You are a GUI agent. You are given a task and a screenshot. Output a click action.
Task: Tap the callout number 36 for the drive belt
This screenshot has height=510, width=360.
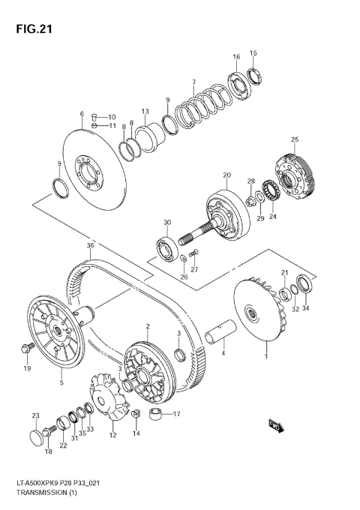90,245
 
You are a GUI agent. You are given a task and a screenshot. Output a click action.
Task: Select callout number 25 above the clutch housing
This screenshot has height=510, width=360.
295,139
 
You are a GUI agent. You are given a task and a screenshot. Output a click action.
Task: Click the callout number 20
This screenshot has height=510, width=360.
225,175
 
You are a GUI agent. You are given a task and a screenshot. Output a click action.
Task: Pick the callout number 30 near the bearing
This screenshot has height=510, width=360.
167,222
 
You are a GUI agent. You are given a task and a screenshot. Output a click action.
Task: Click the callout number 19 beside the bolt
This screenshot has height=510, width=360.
26,368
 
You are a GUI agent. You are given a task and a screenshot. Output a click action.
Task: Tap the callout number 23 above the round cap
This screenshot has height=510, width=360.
34,415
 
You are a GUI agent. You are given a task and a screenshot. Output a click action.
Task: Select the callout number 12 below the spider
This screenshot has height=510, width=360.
113,435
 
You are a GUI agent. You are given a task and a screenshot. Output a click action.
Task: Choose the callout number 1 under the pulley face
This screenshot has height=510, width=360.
265,357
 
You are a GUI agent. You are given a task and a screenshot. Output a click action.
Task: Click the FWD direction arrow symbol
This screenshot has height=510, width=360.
274,426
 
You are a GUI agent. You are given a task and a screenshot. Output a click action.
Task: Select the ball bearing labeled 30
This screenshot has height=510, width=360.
165,244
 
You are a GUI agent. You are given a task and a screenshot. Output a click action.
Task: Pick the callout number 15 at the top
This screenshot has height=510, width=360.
253,52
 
